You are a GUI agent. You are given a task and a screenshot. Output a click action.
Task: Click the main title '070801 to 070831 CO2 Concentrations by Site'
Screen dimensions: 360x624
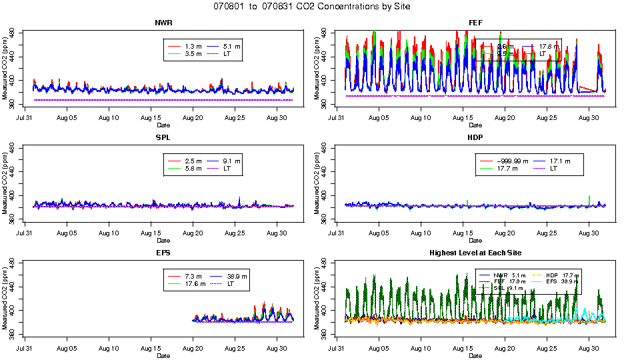[312, 6]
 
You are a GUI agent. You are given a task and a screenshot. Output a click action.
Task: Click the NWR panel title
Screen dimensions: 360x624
[163, 23]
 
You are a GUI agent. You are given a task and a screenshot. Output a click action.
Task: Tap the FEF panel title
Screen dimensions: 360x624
[475, 23]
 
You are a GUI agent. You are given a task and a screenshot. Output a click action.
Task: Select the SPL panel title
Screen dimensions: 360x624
[163, 138]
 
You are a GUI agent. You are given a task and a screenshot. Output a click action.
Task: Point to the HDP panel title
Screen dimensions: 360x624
[475, 138]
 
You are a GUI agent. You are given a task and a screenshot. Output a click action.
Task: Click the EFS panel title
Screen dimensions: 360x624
[163, 253]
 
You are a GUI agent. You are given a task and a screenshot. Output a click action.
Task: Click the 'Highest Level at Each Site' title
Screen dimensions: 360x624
[475, 253]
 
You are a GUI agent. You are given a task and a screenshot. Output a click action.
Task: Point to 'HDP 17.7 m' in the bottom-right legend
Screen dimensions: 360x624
[563, 275]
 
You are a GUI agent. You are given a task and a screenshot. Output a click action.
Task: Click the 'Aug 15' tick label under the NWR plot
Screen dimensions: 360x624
[151, 119]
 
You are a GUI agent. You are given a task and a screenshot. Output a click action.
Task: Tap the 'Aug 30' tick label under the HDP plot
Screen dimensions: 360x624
[589, 234]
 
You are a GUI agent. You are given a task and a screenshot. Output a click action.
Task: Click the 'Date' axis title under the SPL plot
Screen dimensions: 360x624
[163, 241]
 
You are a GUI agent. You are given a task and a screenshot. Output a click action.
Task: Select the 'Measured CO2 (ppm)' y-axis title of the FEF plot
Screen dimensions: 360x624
[318, 67]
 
